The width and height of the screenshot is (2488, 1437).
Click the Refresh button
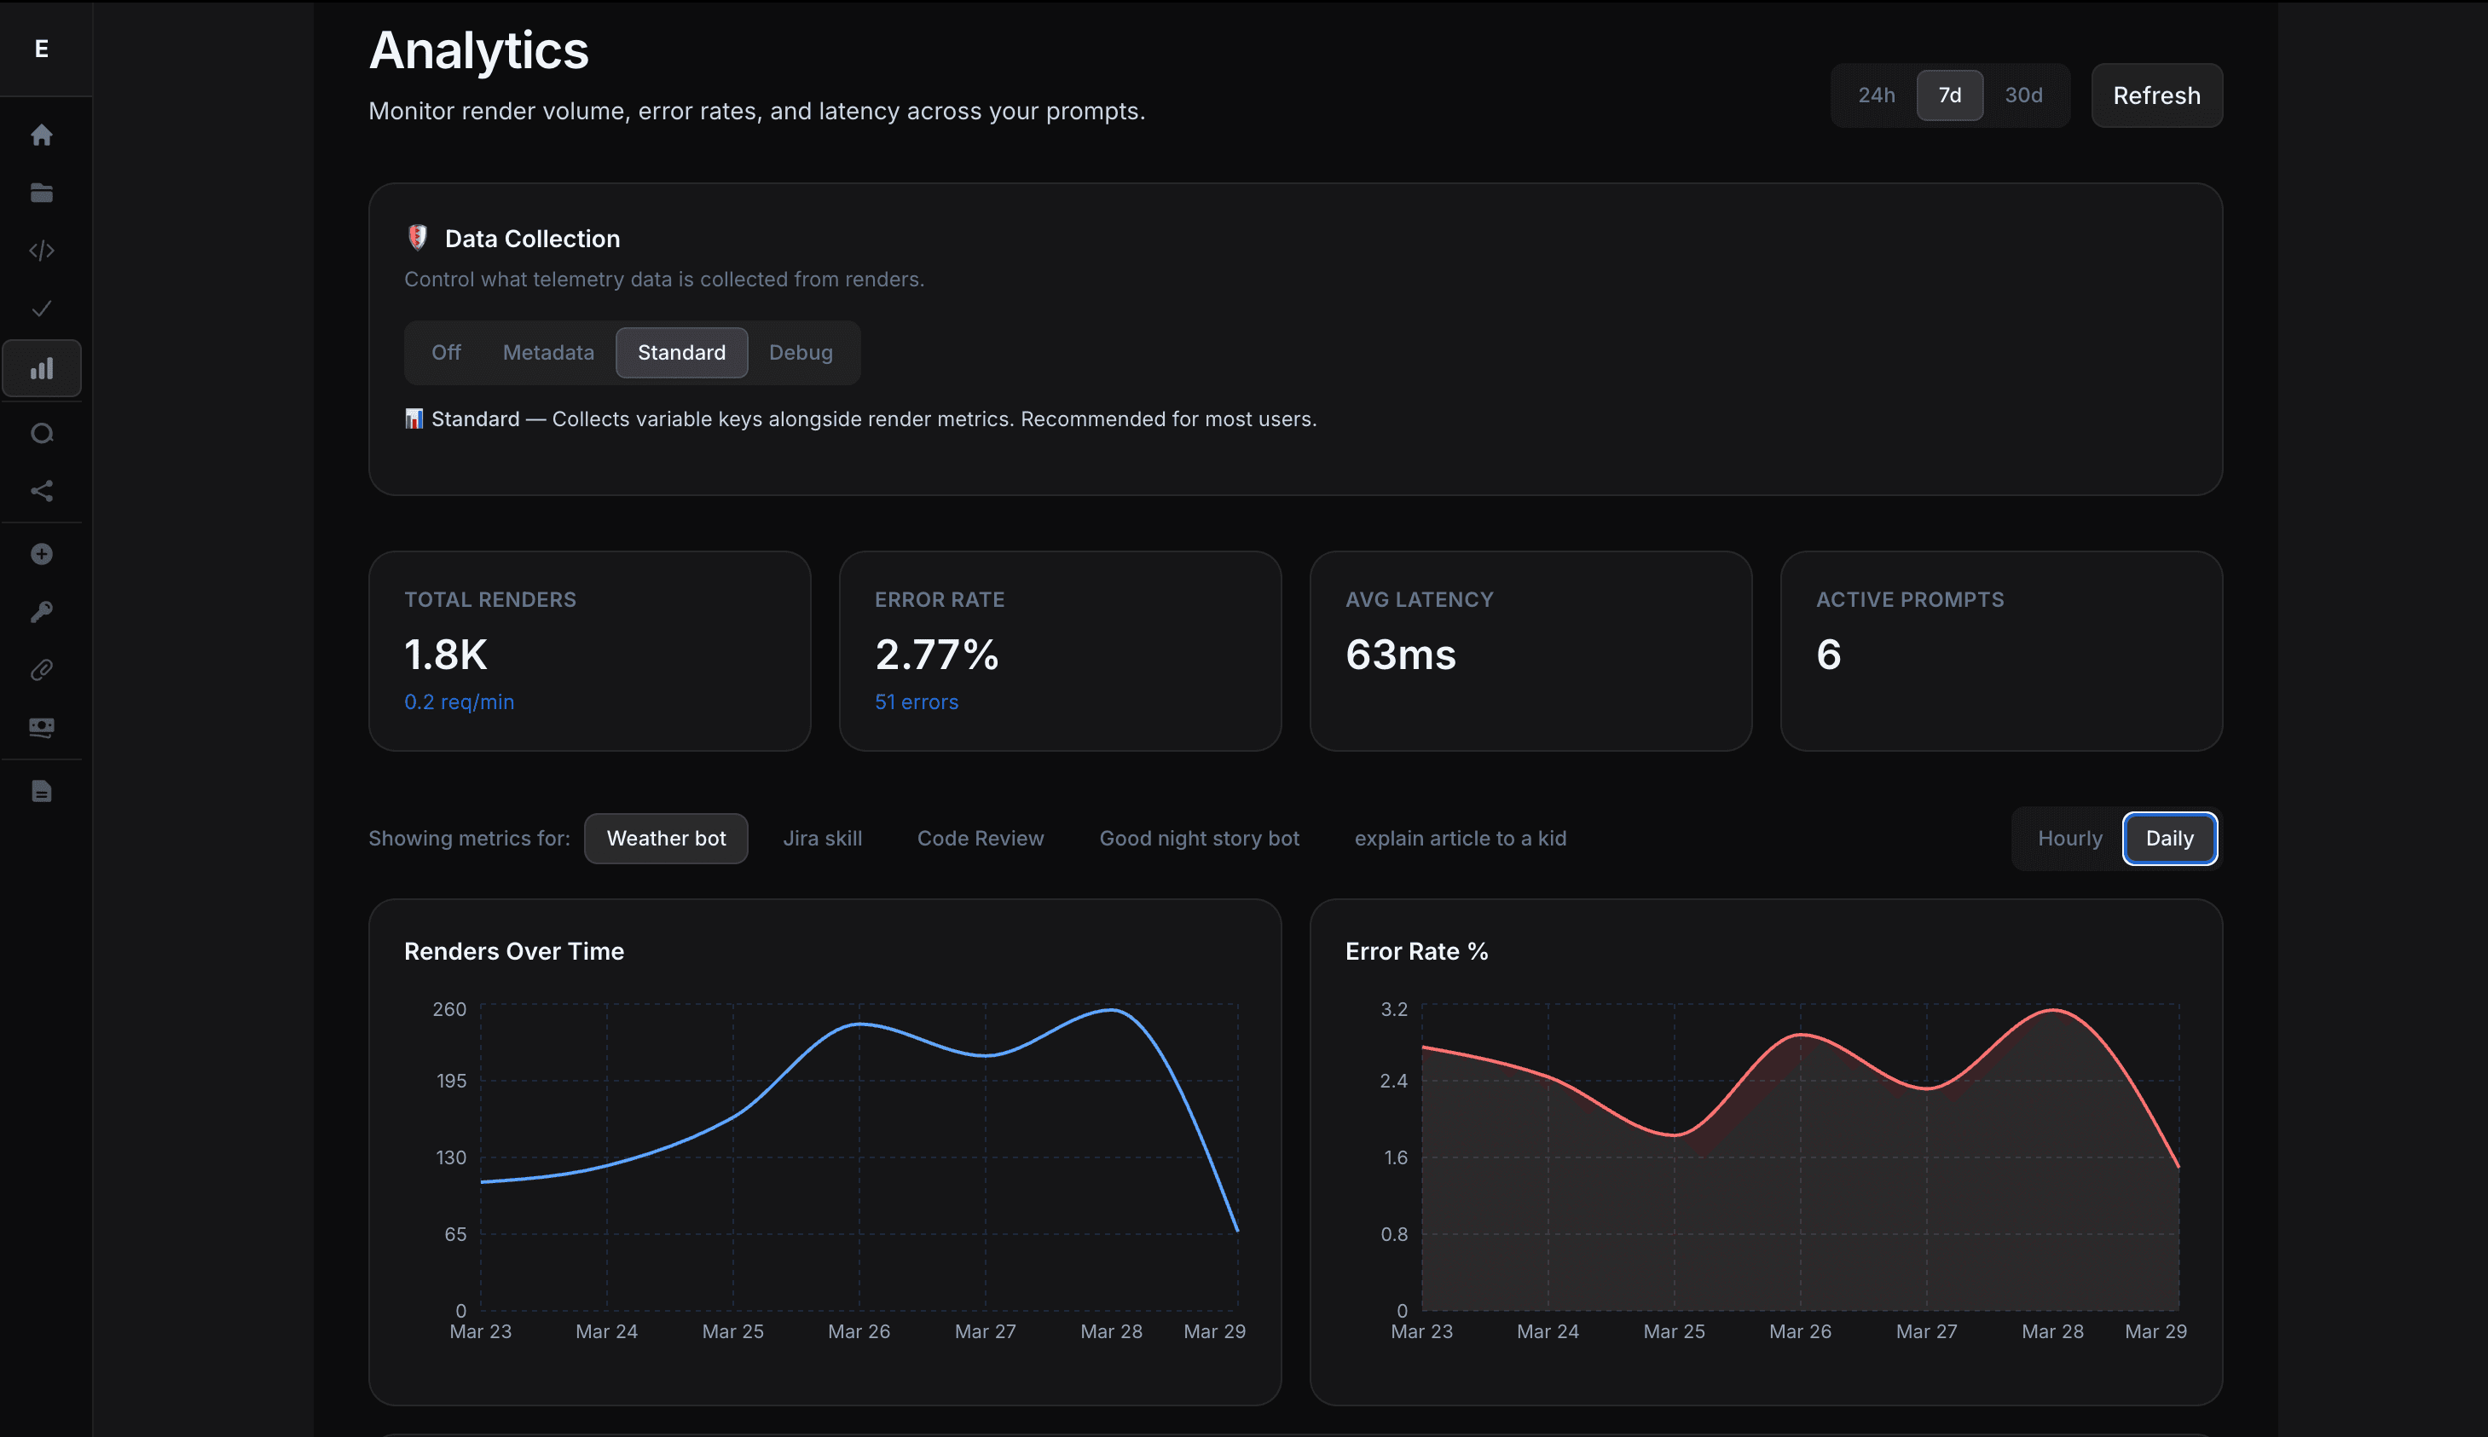pyautogui.click(x=2156, y=95)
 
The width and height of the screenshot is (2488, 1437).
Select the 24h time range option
pyautogui.click(x=1876, y=95)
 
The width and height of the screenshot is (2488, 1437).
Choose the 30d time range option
pyautogui.click(x=2023, y=95)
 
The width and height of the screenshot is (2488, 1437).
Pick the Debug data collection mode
pyautogui.click(x=801, y=352)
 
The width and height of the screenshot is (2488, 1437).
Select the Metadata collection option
pyautogui.click(x=548, y=352)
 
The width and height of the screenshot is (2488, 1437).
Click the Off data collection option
pyautogui.click(x=446, y=352)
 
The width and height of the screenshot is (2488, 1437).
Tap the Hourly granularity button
pyautogui.click(x=2069, y=838)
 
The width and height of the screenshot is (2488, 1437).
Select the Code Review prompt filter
pyautogui.click(x=981, y=838)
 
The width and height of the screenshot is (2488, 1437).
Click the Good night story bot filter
pyautogui.click(x=1200, y=838)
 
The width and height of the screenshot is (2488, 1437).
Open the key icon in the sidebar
pyautogui.click(x=42, y=612)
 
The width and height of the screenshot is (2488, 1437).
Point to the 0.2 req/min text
pyautogui.click(x=459, y=701)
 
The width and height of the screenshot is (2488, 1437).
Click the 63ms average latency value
pyautogui.click(x=1400, y=655)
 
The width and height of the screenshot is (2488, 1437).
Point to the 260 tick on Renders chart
pyautogui.click(x=449, y=1008)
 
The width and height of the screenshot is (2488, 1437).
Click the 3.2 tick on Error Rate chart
pyautogui.click(x=1393, y=1008)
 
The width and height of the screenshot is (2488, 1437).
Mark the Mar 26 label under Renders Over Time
pyautogui.click(x=859, y=1331)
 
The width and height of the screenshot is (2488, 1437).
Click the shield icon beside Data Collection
pyautogui.click(x=418, y=238)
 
